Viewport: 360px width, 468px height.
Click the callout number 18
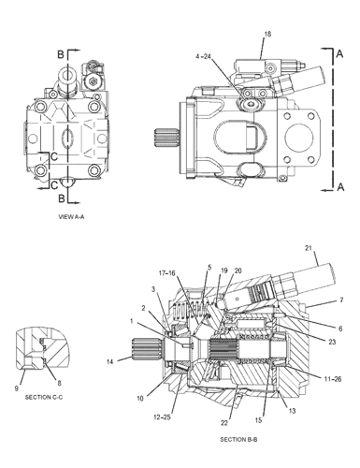click(266, 34)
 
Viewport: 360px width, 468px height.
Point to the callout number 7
click(341, 300)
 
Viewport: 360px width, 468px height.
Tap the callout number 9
click(17, 388)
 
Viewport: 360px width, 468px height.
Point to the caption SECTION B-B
click(239, 440)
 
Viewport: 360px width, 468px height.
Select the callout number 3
click(152, 289)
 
